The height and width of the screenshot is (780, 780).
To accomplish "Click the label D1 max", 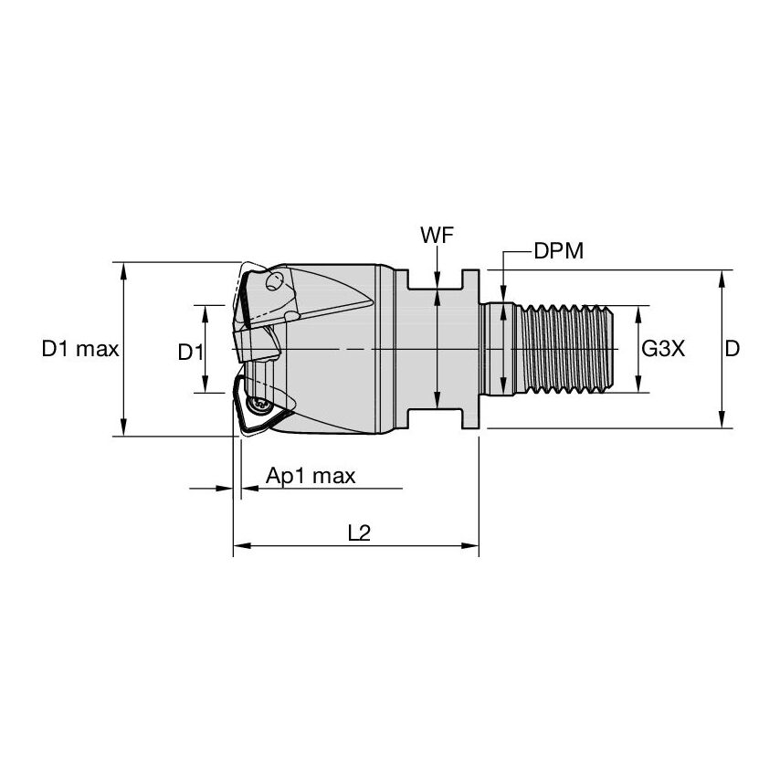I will pos(80,349).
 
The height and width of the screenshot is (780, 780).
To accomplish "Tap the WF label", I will pos(437,235).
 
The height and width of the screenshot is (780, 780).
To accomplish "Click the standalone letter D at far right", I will pos(731,349).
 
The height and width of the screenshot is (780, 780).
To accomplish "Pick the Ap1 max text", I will pos(310,476).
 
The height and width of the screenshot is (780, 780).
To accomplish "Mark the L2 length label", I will pos(359,533).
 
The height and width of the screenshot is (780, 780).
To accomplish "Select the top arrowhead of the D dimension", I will pos(722,277).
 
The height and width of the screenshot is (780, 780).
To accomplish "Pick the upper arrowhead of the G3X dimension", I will pos(637,311).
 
